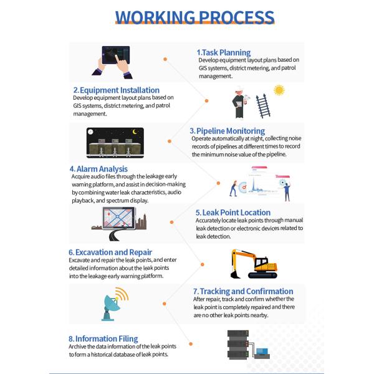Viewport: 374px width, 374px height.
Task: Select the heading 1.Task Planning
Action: coord(224,52)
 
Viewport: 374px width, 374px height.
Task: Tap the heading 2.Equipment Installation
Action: coord(116,90)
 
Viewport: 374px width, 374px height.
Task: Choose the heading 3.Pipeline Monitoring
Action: coord(227,131)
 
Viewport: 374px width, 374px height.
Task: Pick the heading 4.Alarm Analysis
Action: coord(98,168)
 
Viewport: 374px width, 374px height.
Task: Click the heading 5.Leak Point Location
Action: coord(233,213)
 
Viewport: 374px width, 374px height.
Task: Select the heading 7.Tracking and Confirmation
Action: coord(243,291)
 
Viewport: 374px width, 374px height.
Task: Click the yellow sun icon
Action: coord(279,90)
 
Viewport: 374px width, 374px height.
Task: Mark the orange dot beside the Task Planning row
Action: coord(166,59)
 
